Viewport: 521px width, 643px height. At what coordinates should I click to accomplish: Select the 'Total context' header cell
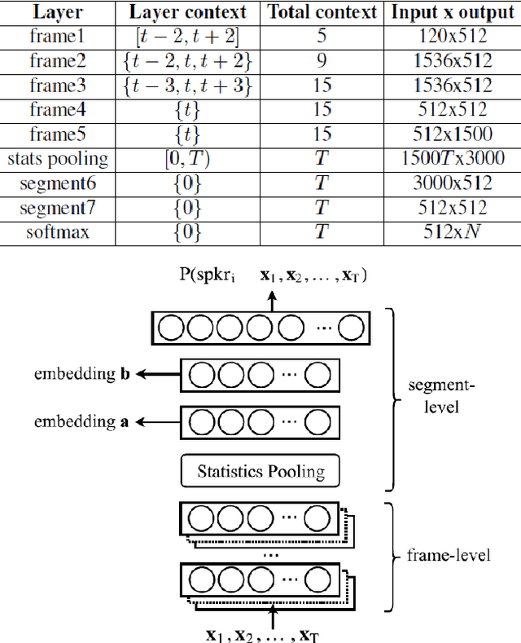pyautogui.click(x=322, y=12)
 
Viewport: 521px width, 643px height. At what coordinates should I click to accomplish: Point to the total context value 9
pyautogui.click(x=322, y=62)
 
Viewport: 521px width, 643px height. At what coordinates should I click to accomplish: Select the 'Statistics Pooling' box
pyautogui.click(x=260, y=471)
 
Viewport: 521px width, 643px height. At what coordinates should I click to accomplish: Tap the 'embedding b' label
pyautogui.click(x=85, y=375)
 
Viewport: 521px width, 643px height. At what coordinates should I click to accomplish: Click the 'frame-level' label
pyautogui.click(x=449, y=556)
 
